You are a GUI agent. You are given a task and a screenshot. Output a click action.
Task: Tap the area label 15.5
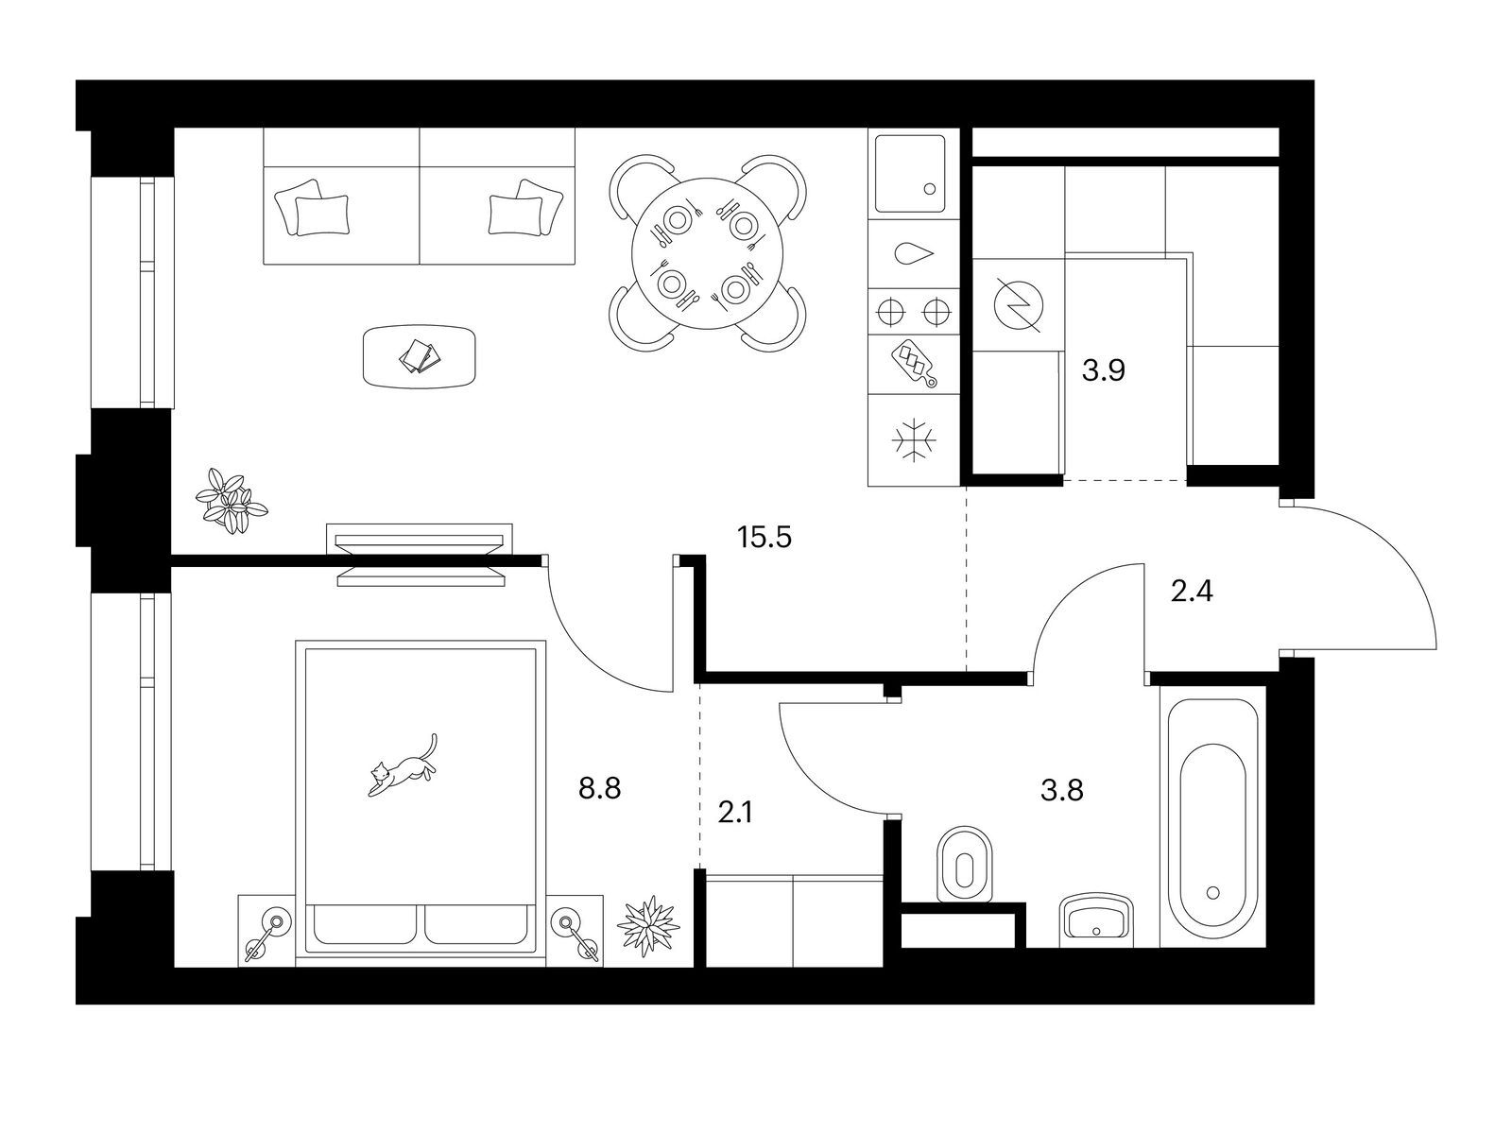(x=764, y=537)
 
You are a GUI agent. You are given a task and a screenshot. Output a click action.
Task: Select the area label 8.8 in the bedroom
(x=599, y=788)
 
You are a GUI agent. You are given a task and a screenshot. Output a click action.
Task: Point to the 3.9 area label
(x=1104, y=371)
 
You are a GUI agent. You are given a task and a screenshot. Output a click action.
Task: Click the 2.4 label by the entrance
(x=1192, y=592)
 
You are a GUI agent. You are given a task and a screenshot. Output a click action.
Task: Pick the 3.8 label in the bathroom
(x=1061, y=790)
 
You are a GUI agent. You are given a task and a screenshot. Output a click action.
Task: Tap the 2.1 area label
(x=735, y=813)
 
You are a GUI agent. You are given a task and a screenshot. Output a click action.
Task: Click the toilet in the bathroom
(x=965, y=864)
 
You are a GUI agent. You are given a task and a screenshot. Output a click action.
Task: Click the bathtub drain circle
(x=1213, y=892)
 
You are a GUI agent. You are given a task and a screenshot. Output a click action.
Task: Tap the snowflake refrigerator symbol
(x=914, y=438)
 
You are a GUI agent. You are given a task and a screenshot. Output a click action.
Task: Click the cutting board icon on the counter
(x=915, y=364)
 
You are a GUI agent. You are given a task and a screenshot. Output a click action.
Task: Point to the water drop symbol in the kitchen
(x=914, y=253)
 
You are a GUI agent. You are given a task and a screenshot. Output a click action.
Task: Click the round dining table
(x=708, y=253)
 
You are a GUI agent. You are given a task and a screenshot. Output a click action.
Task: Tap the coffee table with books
(x=420, y=356)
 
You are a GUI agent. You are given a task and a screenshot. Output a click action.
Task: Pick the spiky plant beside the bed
(x=647, y=925)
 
